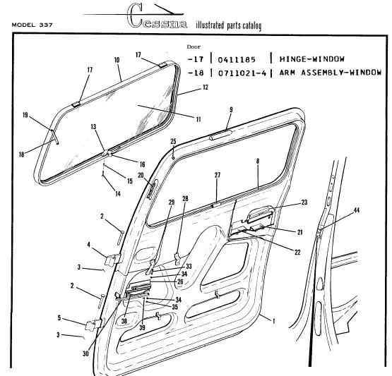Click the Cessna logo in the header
pos(157,16)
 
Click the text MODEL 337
pos(32,25)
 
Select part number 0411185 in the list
pos(237,60)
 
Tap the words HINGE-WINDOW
pos(311,59)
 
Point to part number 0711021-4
pos(242,73)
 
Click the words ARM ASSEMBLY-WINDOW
pos(331,73)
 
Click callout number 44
pos(356,210)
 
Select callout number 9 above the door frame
pos(231,109)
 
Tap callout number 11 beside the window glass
pos(198,119)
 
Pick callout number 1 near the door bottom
pos(273,321)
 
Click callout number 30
pos(85,353)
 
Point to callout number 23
pos(304,202)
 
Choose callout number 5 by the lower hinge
pos(59,318)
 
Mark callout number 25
pos(173,141)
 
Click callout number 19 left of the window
pos(25,115)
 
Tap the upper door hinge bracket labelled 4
pos(113,260)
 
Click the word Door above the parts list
pos(194,47)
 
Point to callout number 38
pos(124,321)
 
